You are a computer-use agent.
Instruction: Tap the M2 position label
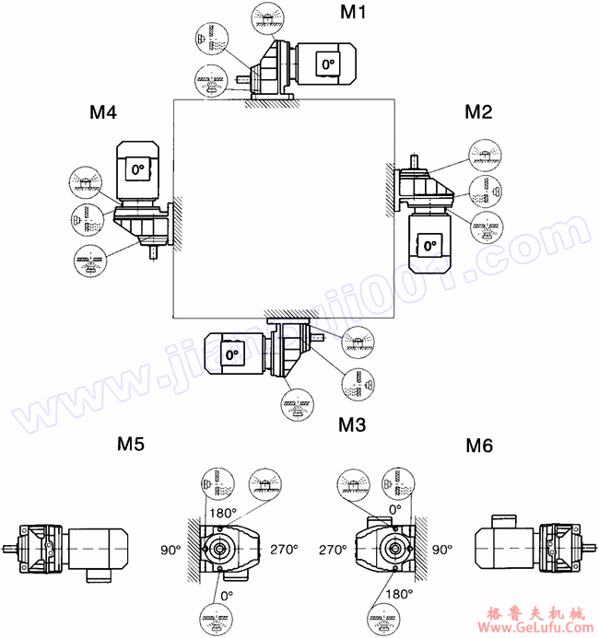click(478, 112)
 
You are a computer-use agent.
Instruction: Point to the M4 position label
click(102, 112)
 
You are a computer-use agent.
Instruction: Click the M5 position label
click(130, 446)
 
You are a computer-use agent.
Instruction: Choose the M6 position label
click(478, 446)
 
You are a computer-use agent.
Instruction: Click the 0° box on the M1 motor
click(328, 64)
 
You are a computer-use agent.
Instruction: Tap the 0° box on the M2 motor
click(428, 245)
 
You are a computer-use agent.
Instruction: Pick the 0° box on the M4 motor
click(138, 169)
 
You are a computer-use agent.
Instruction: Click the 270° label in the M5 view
click(284, 549)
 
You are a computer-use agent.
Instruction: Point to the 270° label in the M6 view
click(334, 549)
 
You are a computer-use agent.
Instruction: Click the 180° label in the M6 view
click(398, 594)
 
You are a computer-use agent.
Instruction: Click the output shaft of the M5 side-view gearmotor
click(12, 551)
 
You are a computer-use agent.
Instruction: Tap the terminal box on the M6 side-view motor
click(504, 520)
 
